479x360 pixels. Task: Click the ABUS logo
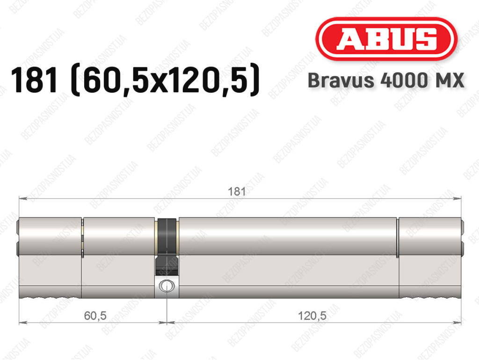click(386, 39)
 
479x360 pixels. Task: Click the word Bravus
click(341, 81)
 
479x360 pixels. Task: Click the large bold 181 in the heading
click(35, 80)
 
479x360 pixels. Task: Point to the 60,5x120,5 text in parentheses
click(165, 81)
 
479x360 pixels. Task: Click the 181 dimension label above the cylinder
click(237, 191)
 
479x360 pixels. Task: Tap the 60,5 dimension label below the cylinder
click(95, 316)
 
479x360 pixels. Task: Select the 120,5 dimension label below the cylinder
click(312, 316)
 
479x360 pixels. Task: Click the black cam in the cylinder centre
click(167, 246)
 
